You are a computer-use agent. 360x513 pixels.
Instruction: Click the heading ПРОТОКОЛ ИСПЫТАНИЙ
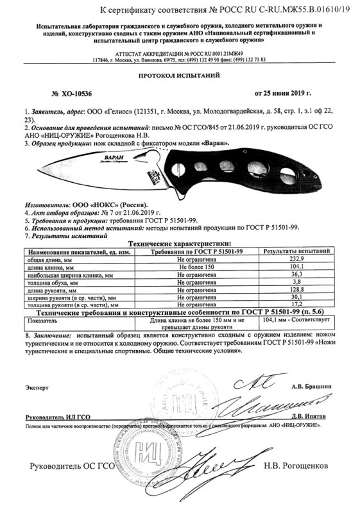tap(180, 75)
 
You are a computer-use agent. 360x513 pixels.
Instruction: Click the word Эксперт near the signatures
tap(37, 388)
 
